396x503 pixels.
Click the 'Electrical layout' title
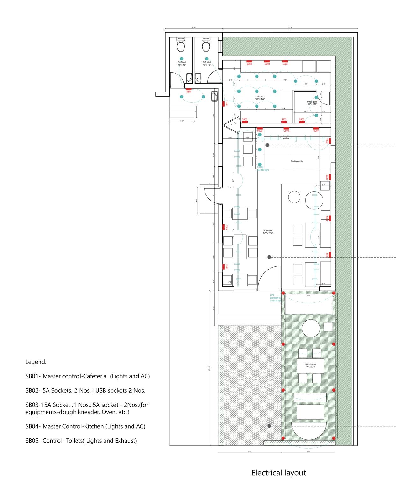tap(278, 473)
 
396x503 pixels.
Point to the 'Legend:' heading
tap(36, 362)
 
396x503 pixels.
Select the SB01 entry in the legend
tap(88, 376)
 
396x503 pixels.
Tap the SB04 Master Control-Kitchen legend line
tap(85, 426)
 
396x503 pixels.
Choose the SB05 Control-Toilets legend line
tap(81, 441)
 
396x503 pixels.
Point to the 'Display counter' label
tap(297, 161)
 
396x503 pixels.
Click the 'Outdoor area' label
tap(310, 365)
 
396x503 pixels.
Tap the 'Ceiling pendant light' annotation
tap(263, 169)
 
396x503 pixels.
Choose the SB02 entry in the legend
tap(85, 391)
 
